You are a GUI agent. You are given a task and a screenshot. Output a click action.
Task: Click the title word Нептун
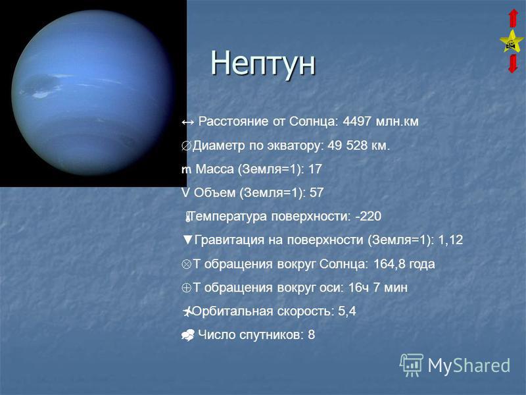(262, 63)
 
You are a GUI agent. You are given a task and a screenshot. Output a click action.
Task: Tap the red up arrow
(514, 18)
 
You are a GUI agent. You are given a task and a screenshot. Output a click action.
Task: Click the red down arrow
(513, 64)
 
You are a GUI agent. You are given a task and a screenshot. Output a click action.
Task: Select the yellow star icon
(512, 41)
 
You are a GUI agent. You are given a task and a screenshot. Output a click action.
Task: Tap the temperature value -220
(368, 217)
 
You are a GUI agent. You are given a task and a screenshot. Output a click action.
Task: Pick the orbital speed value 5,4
(347, 311)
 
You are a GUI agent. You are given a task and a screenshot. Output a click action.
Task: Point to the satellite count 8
(311, 334)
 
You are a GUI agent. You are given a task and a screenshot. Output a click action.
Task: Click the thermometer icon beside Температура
(188, 217)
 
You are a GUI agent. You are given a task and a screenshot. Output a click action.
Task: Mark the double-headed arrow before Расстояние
(187, 122)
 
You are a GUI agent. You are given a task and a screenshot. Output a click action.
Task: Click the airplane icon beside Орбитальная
(187, 311)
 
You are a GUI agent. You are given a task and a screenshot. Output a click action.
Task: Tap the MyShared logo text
(469, 365)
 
